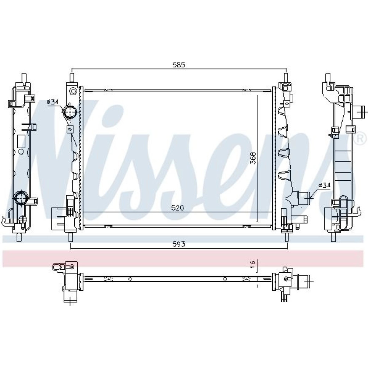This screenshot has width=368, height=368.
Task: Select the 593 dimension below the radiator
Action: pos(179,244)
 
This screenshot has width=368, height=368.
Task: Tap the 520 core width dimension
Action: pos(178,208)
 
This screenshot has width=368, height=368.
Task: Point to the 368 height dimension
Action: pos(253,158)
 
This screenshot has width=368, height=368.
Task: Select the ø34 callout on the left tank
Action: pos(53,102)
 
